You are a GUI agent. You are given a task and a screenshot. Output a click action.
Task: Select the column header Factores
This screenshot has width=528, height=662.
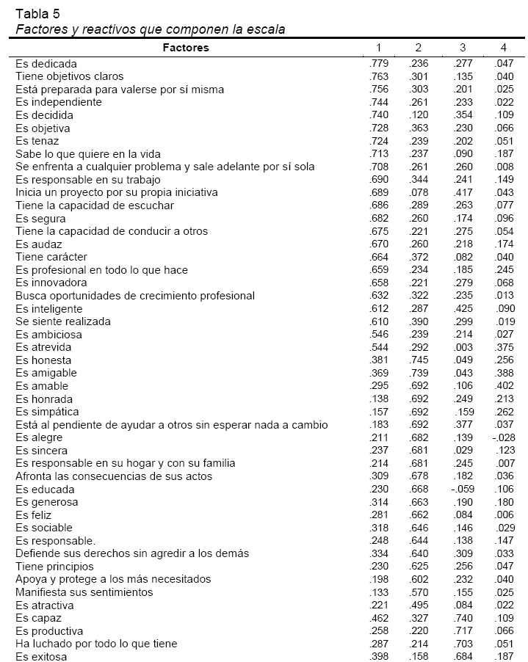[186, 48]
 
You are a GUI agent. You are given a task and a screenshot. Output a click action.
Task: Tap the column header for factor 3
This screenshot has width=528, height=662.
[463, 48]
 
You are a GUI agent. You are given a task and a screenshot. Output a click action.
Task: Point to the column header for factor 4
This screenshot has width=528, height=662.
[503, 48]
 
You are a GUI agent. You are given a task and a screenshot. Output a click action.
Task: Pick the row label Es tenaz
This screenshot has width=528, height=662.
[37, 141]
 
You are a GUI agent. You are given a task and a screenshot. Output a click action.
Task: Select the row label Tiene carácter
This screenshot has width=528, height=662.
[51, 257]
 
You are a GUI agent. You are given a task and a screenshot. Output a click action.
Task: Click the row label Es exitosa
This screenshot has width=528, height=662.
[41, 657]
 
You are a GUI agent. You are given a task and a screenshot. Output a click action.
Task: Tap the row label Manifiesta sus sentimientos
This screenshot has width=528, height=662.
[84, 592]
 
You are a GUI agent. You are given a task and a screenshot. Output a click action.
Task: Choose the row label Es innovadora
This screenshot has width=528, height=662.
[51, 283]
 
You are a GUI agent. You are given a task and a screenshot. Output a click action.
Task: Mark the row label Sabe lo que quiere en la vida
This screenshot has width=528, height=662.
[88, 154]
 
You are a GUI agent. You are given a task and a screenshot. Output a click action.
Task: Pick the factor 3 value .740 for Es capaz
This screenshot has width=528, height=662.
[463, 618]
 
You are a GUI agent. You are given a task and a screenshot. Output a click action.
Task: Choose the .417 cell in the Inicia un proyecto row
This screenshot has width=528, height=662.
[463, 193]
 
